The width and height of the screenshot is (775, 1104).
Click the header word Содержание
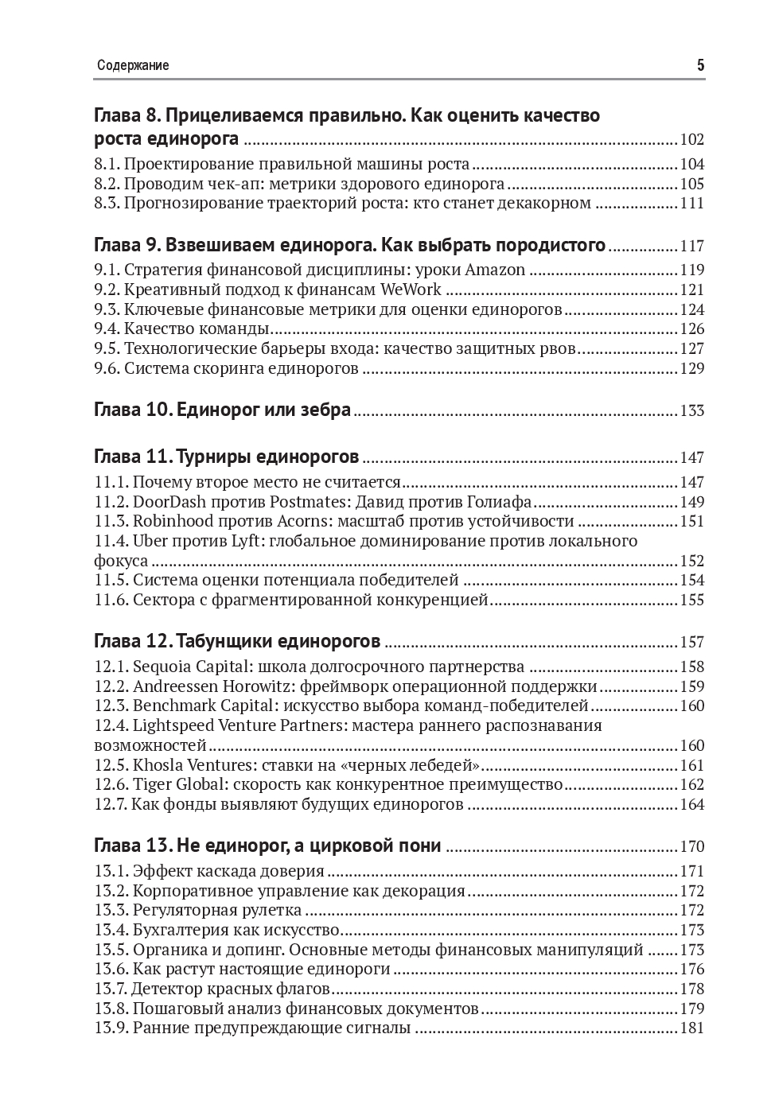[133, 66]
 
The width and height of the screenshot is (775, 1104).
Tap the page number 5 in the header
[700, 66]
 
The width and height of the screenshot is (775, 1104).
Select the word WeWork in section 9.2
[411, 290]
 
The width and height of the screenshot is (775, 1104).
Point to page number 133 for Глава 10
[691, 411]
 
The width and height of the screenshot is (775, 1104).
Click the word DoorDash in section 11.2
[169, 502]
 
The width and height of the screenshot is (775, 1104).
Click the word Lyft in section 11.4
[250, 542]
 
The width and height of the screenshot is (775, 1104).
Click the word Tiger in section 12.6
[150, 785]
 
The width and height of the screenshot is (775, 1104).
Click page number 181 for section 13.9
[691, 1028]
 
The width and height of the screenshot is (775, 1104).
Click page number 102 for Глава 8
[691, 140]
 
